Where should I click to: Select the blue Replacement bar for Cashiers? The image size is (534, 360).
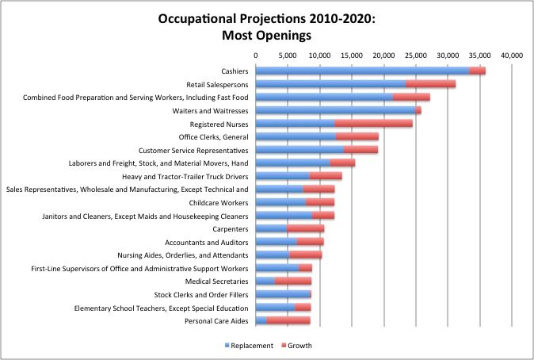362,71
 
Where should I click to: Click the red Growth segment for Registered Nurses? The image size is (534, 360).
373,124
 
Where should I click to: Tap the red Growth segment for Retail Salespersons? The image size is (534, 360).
430,84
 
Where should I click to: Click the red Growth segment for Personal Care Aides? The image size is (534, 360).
288,320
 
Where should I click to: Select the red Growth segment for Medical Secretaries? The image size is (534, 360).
293,281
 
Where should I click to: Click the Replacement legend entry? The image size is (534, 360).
253,345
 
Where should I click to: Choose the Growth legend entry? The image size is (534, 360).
299,345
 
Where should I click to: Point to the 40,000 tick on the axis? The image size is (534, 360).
512,56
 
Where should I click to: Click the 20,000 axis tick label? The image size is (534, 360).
383,56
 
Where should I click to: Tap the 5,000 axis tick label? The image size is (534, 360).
288,56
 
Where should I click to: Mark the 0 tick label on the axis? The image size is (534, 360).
256,56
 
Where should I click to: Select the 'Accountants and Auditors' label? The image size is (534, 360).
207,242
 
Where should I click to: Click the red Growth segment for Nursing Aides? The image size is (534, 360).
305,255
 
